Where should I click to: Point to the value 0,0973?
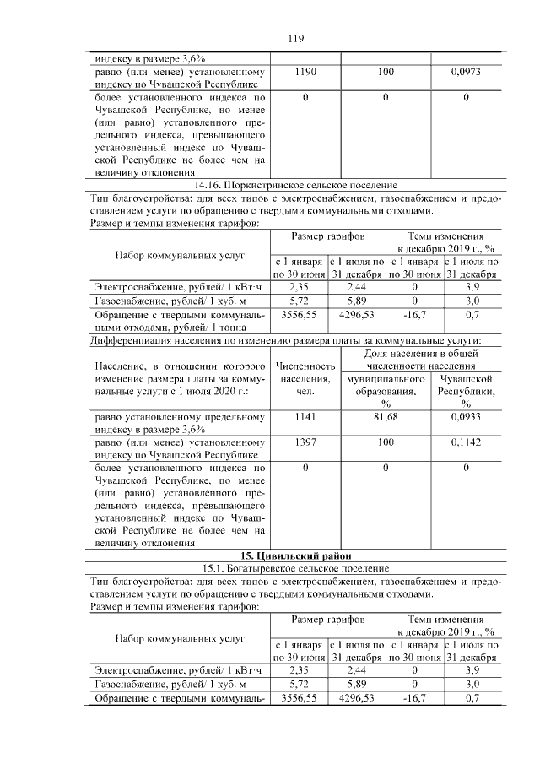[x=466, y=73]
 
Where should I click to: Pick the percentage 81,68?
[x=386, y=416]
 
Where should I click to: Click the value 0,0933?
[x=466, y=416]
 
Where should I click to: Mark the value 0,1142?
[x=466, y=442]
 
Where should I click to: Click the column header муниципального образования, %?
[x=386, y=391]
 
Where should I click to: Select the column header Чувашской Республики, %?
[x=466, y=391]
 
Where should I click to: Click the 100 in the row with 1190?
[x=386, y=73]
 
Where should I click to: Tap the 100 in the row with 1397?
[x=386, y=442]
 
